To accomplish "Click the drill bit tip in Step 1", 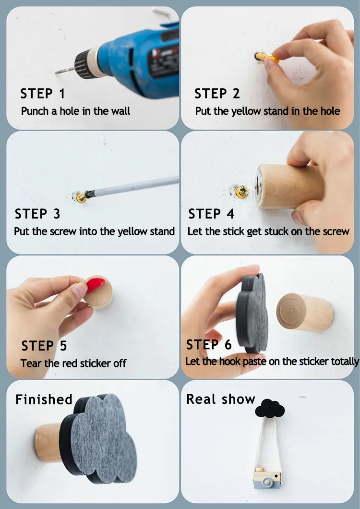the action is click(56, 73).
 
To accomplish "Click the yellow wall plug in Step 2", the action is click(267, 58).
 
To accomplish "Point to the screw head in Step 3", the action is click(82, 197).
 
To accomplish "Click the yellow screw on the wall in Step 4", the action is click(242, 191).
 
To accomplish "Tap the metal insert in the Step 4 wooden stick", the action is click(259, 186).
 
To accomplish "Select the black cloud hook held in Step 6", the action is click(252, 314).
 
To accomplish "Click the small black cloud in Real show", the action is click(270, 408).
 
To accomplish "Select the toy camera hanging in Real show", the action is click(267, 477).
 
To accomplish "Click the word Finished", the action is click(44, 400).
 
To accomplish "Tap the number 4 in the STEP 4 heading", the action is click(230, 214).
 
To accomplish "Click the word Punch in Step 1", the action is click(35, 111).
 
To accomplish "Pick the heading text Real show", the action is click(221, 399).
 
